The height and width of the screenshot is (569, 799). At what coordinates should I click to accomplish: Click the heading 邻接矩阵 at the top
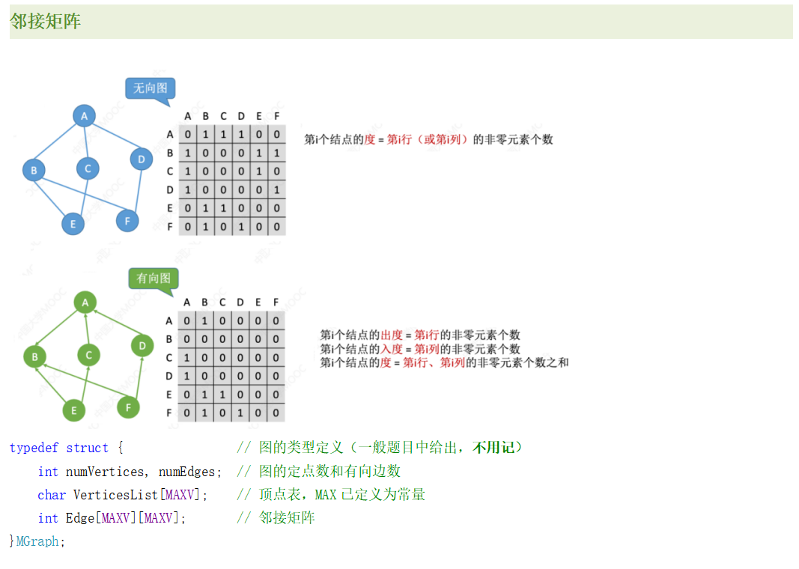pyautogui.click(x=46, y=22)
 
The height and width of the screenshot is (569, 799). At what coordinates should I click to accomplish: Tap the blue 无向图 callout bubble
pyautogui.click(x=150, y=88)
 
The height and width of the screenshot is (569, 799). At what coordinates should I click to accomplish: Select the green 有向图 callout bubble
pyautogui.click(x=154, y=279)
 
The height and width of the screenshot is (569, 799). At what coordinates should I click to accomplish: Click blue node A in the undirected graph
pyautogui.click(x=85, y=116)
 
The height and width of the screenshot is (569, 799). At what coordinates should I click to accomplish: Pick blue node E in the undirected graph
pyautogui.click(x=73, y=223)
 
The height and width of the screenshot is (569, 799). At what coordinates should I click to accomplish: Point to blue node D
pyautogui.click(x=141, y=159)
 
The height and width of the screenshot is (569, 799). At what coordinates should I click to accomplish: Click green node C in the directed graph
pyautogui.click(x=88, y=355)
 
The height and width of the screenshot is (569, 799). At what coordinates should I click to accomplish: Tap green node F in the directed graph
pyautogui.click(x=129, y=407)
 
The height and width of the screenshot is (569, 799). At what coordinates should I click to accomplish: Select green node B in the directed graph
pyautogui.click(x=34, y=357)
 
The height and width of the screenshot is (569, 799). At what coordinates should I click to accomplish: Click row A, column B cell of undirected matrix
pyautogui.click(x=205, y=135)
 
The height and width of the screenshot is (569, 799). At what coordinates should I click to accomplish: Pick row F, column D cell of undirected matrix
pyautogui.click(x=241, y=226)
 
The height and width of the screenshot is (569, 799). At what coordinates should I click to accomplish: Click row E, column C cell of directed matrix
pyautogui.click(x=223, y=395)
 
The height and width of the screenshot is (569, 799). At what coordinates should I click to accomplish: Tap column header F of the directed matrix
pyautogui.click(x=276, y=302)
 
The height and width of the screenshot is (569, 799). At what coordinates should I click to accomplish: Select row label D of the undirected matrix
pyautogui.click(x=170, y=190)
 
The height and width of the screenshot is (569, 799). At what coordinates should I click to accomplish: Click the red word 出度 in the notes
pyautogui.click(x=392, y=335)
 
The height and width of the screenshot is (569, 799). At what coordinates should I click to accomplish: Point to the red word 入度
pyautogui.click(x=392, y=349)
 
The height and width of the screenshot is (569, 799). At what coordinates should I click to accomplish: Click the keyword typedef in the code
pyautogui.click(x=34, y=448)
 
